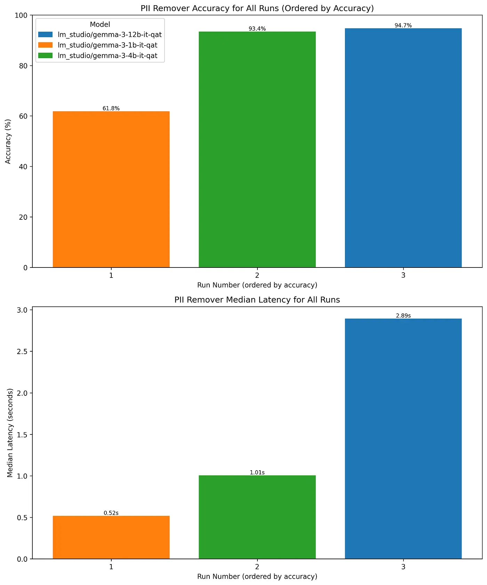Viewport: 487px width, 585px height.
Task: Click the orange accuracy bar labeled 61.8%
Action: pos(111,190)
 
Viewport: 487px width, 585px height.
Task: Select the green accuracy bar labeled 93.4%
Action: pos(257,150)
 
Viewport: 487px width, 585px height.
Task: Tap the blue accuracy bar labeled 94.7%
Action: pos(403,148)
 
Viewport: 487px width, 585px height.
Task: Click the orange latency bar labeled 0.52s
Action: pos(111,537)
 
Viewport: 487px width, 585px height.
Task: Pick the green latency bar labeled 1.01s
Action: pos(257,517)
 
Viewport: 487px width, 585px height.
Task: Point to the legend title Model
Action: pos(100,24)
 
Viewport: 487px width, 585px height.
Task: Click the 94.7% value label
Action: pos(403,25)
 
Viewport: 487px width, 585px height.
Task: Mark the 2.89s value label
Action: pos(403,316)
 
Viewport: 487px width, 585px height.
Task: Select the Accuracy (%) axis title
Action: pos(8,141)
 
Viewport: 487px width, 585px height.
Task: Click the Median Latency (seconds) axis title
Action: pos(10,433)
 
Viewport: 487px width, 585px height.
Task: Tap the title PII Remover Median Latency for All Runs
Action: pos(257,300)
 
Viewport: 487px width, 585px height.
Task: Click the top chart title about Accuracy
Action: pos(257,8)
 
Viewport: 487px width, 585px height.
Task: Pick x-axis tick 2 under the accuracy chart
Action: pos(257,275)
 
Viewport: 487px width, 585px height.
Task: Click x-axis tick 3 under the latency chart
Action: pos(403,567)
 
